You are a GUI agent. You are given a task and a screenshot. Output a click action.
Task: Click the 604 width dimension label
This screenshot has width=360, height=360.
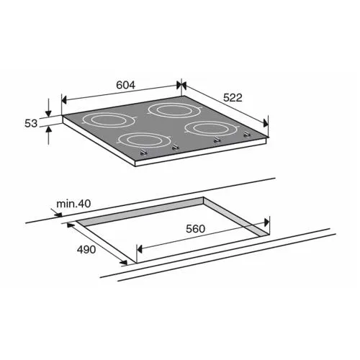click(x=125, y=85)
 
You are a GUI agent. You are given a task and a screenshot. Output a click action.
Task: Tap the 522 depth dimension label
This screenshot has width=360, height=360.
click(x=233, y=98)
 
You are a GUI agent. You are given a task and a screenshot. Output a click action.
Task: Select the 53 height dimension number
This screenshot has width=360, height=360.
click(x=31, y=123)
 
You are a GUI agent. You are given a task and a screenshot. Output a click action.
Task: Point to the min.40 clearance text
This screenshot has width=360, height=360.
click(x=73, y=204)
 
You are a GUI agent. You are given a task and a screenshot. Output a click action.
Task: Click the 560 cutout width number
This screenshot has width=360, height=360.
click(x=195, y=229)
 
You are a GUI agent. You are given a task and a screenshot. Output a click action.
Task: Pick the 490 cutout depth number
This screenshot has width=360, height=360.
click(x=86, y=250)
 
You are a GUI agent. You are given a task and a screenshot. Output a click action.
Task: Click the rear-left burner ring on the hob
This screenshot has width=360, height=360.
click(x=109, y=120)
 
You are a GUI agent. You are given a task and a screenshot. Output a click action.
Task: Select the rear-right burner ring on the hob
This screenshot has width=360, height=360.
click(x=174, y=110)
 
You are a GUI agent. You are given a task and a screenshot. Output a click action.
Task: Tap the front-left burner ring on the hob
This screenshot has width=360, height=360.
click(x=144, y=140)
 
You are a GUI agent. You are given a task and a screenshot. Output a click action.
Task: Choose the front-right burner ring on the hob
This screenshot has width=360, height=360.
click(x=212, y=129)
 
